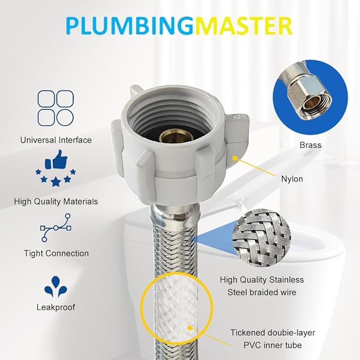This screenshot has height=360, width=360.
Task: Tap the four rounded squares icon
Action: click(56, 108)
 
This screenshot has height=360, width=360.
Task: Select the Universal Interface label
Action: click(56, 140)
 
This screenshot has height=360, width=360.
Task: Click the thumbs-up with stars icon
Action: click(56, 169)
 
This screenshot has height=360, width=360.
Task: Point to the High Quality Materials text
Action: click(56, 201)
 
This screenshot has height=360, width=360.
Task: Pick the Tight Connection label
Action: click(56, 253)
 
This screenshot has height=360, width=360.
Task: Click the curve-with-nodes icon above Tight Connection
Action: click(56, 227)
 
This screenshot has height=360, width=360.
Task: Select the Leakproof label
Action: click(56, 307)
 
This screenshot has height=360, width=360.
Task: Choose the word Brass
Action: click(310, 145)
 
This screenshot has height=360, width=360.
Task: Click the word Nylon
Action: click(292, 179)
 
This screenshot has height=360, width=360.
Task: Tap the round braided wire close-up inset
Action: click(264, 234)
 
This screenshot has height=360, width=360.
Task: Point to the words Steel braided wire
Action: click(261, 292)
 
